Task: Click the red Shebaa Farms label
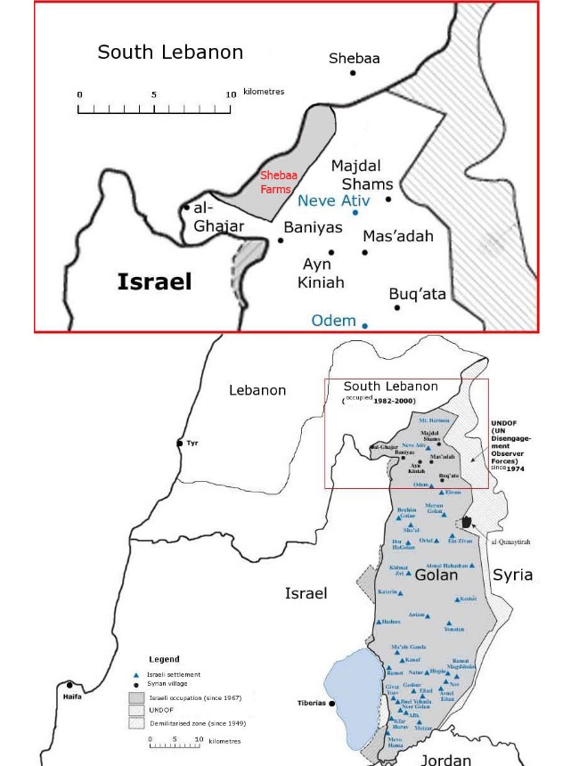pos(275,183)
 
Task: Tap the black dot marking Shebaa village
pos(353,72)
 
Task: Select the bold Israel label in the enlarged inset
pos(155,282)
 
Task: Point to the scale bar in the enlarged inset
pos(157,110)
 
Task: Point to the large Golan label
pos(436,575)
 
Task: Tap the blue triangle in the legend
pos(135,674)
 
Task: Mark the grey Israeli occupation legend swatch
pos(135,697)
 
